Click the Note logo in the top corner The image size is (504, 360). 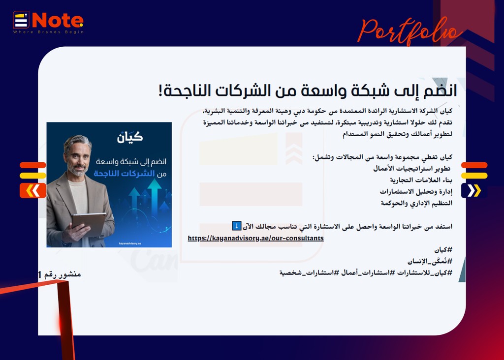point(48,22)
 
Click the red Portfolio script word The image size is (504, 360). point(410,31)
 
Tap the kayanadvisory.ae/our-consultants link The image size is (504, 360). point(255,239)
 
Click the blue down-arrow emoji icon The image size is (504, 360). point(237,226)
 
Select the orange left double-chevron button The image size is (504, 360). point(33,190)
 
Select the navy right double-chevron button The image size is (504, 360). point(474,190)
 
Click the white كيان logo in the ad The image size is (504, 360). point(130,137)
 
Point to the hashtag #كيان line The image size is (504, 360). point(443,249)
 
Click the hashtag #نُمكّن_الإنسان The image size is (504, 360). point(430,261)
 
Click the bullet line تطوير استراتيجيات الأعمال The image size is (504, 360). point(412,168)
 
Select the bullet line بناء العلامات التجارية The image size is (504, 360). point(421,180)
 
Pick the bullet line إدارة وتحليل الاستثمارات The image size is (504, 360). point(416,191)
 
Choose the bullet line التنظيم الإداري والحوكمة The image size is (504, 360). point(416,203)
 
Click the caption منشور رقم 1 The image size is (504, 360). point(60,274)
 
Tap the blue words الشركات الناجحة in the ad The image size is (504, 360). point(124,174)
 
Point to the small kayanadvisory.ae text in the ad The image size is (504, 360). point(130,243)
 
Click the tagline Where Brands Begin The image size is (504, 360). point(48,32)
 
